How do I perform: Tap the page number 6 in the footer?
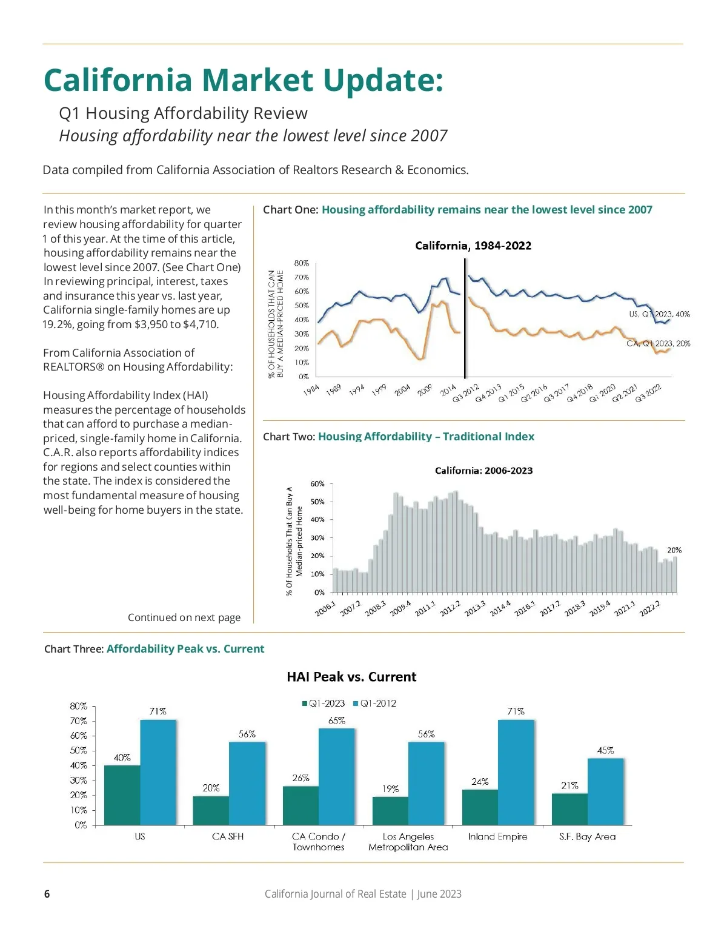[x=47, y=894]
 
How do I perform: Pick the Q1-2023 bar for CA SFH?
[x=211, y=810]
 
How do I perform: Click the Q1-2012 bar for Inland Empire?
[x=516, y=772]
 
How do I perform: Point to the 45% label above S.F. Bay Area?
[x=605, y=750]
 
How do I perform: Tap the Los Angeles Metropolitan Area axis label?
[x=408, y=842]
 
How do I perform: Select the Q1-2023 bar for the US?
[x=122, y=795]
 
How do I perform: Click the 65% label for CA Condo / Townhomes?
[x=337, y=721]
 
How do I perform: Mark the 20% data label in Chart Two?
[x=674, y=550]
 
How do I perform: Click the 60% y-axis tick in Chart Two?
[x=317, y=484]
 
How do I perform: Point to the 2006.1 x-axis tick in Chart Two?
[x=325, y=609]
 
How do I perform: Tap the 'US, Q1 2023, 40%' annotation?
[x=659, y=314]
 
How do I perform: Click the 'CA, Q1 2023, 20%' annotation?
[x=658, y=343]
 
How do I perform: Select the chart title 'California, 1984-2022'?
[x=473, y=246]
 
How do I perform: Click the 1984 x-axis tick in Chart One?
[x=311, y=390]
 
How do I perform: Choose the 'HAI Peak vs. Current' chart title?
[x=351, y=677]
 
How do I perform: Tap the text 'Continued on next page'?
[x=184, y=617]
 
